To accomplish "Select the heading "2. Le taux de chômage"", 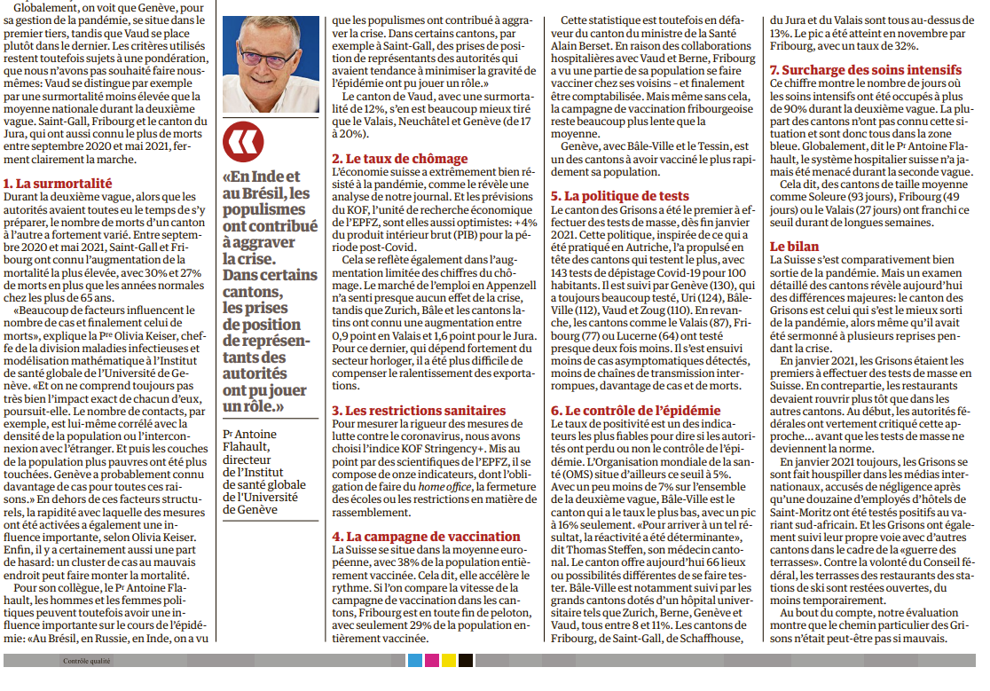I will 399,159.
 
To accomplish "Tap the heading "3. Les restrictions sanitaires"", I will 419,411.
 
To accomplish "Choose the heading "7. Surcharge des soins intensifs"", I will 865,69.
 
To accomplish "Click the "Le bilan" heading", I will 794,246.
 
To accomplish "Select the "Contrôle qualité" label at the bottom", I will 87,661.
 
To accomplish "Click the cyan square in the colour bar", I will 414,661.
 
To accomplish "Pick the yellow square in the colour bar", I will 448,661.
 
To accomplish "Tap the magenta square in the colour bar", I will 431,661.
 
